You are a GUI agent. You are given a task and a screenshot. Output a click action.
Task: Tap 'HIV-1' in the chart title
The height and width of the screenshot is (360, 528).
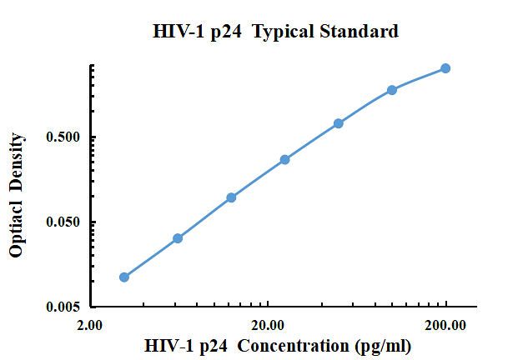[x=177, y=32]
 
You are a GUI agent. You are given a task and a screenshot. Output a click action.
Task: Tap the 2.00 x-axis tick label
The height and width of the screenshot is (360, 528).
[x=89, y=326]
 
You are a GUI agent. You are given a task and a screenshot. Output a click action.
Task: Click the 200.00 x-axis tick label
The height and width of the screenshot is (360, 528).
[x=445, y=326]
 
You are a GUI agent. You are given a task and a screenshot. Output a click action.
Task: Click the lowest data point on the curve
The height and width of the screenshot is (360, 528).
[x=124, y=277]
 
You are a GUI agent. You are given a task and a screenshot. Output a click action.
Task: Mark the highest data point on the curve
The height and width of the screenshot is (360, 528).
[x=445, y=68]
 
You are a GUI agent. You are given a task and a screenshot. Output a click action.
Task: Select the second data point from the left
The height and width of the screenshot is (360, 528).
[x=178, y=238]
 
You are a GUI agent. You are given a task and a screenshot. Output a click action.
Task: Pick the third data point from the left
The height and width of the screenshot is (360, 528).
[x=231, y=197]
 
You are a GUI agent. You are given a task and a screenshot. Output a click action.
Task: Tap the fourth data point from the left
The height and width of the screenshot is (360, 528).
[x=284, y=159]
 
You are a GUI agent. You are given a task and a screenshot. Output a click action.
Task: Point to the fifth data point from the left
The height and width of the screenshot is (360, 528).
[x=339, y=123]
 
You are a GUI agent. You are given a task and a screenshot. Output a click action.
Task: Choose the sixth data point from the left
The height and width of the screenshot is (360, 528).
[x=392, y=90]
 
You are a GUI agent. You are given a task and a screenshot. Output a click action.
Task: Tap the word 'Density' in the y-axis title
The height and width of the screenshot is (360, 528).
[x=16, y=161]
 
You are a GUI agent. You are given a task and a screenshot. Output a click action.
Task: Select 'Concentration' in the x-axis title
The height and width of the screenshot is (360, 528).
[x=296, y=346]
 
